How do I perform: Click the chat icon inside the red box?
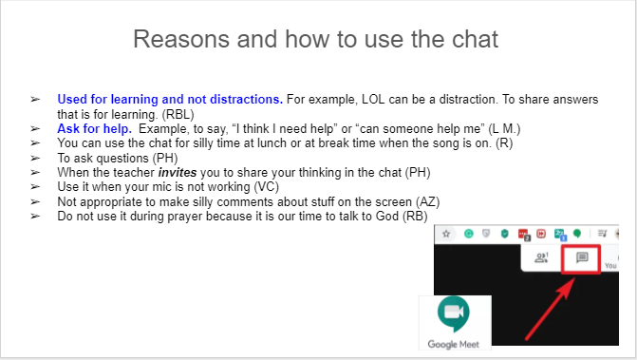pyautogui.click(x=583, y=258)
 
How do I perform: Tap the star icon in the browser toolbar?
pyautogui.click(x=445, y=234)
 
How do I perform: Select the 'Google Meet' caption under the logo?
pyautogui.click(x=454, y=345)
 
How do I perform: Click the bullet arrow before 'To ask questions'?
pyautogui.click(x=35, y=157)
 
